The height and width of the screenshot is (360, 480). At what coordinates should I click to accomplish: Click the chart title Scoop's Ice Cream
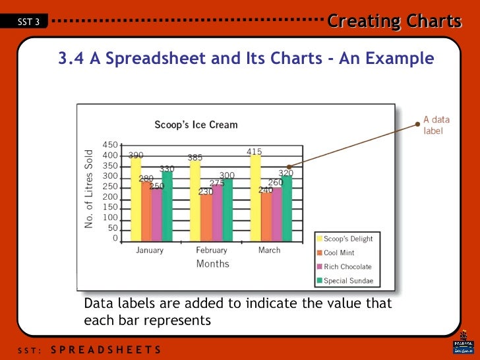click(x=196, y=125)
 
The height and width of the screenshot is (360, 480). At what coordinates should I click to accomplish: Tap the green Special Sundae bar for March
click(x=287, y=208)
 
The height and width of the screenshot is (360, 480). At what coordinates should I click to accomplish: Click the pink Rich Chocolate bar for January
click(x=156, y=214)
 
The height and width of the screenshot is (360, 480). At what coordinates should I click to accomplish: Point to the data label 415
click(x=254, y=152)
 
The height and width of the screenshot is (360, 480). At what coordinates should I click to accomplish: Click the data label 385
click(x=195, y=158)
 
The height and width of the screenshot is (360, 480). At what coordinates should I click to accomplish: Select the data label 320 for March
click(x=285, y=173)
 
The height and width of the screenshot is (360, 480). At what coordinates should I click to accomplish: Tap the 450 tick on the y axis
click(x=110, y=145)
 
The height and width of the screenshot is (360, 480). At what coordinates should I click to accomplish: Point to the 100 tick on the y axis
click(x=110, y=218)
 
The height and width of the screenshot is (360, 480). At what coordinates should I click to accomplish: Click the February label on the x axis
click(x=211, y=251)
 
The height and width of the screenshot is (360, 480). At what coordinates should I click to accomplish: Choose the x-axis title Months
click(x=212, y=264)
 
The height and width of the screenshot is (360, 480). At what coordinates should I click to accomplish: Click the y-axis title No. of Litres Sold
click(x=89, y=189)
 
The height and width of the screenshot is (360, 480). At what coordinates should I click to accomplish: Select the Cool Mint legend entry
click(x=339, y=253)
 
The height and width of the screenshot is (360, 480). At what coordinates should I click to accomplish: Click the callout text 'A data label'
click(x=436, y=125)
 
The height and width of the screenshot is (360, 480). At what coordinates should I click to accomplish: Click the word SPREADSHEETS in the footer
click(x=105, y=349)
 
